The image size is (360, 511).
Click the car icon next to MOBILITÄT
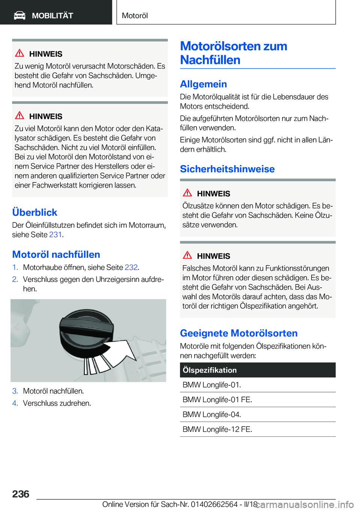coord(19,15)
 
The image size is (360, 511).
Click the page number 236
coord(21,494)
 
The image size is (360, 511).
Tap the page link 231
coord(55,234)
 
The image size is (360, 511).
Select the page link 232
coord(131,267)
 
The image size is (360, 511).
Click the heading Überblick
coord(34,212)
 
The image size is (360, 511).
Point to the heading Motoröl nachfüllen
coord(56,254)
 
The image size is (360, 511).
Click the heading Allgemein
coord(203,84)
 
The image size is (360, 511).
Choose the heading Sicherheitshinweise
coord(227,169)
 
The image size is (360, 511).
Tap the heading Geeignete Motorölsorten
coord(238,333)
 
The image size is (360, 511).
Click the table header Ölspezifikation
coord(210,370)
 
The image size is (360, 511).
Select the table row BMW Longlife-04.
coord(212,414)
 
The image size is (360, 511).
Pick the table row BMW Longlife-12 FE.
coord(217,429)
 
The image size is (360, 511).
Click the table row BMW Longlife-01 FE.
coord(217,400)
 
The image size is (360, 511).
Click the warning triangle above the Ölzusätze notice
coord(187,193)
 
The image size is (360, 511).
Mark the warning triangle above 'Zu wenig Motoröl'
coord(19,53)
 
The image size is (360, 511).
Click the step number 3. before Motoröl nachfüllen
coord(15,391)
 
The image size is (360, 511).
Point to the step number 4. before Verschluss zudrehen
coord(15,403)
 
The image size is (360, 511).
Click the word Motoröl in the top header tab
coord(135,16)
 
